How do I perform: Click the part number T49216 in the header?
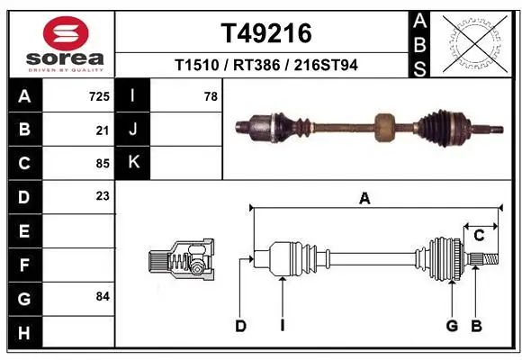[x=266, y=33]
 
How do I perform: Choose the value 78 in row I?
[x=211, y=95]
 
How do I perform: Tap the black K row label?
[x=134, y=163]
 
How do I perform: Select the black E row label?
[x=23, y=230]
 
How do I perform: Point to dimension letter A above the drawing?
[x=364, y=200]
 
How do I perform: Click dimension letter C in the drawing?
[x=480, y=236]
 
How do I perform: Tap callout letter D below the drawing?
[x=240, y=326]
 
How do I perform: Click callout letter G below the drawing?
[x=453, y=326]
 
